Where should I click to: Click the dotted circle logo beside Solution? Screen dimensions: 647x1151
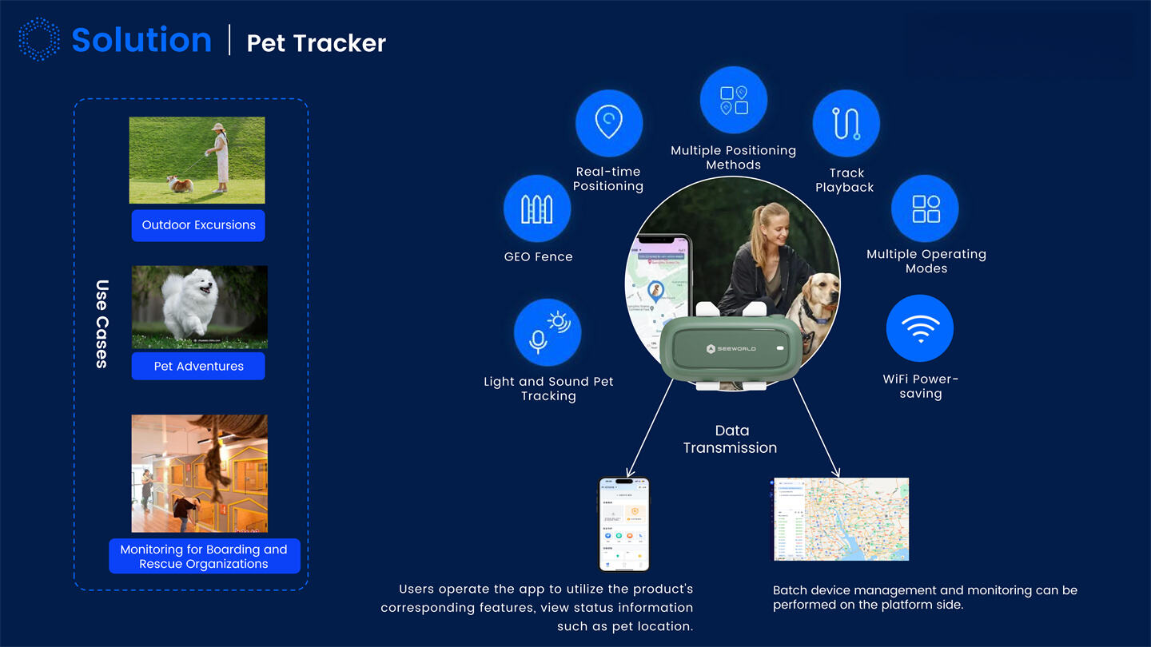pos(39,39)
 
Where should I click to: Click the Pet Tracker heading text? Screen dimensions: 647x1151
pos(316,43)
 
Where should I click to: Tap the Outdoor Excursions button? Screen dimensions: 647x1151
pos(198,225)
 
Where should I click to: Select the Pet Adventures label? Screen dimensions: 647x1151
pos(198,367)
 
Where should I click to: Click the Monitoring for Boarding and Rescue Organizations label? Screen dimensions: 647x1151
pos(204,557)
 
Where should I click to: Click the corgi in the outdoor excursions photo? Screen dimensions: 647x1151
pos(181,184)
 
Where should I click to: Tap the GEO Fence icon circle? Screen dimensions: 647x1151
pos(537,209)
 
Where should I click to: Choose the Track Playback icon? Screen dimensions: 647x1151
pos(846,124)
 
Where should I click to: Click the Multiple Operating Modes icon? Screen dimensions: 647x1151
pos(926,208)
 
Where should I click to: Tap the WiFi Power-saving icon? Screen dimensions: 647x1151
pos(919,328)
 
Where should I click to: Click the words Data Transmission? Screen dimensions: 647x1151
pos(731,439)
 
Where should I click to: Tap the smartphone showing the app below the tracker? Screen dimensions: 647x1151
pos(623,525)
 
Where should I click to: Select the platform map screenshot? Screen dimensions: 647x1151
pos(841,519)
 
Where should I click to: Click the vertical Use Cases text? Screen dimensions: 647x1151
pos(102,323)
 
